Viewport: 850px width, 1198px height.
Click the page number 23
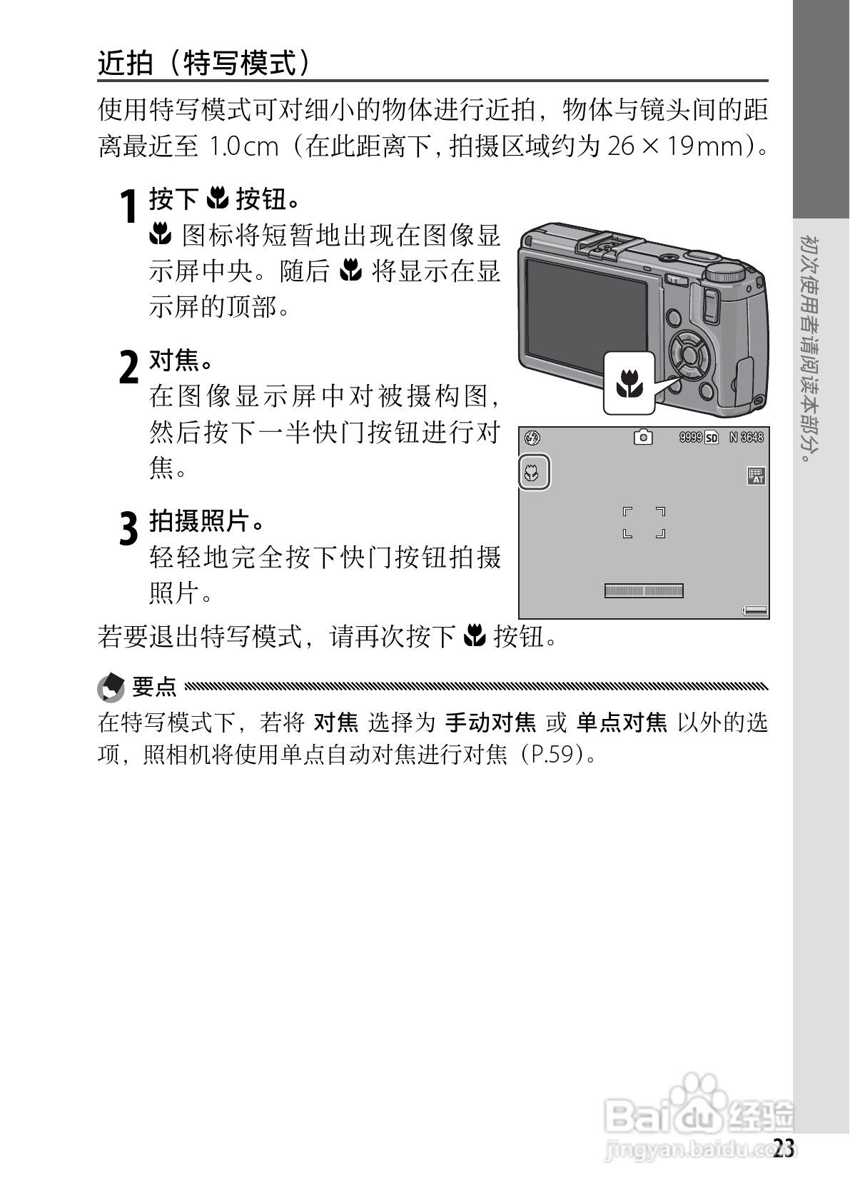[x=783, y=1149]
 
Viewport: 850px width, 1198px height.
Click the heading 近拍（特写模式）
[x=205, y=64]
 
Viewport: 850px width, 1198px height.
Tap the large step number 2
[x=128, y=368]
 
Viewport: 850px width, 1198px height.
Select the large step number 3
[x=128, y=529]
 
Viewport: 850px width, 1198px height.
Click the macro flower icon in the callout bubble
[x=629, y=383]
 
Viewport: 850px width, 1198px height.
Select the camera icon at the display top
[x=643, y=437]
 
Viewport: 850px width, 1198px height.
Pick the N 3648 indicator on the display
[x=747, y=437]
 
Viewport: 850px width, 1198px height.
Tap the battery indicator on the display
[x=755, y=610]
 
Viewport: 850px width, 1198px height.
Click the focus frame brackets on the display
[x=644, y=523]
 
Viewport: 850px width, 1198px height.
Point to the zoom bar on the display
[x=644, y=590]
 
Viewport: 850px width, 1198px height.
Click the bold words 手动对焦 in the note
[x=490, y=723]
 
